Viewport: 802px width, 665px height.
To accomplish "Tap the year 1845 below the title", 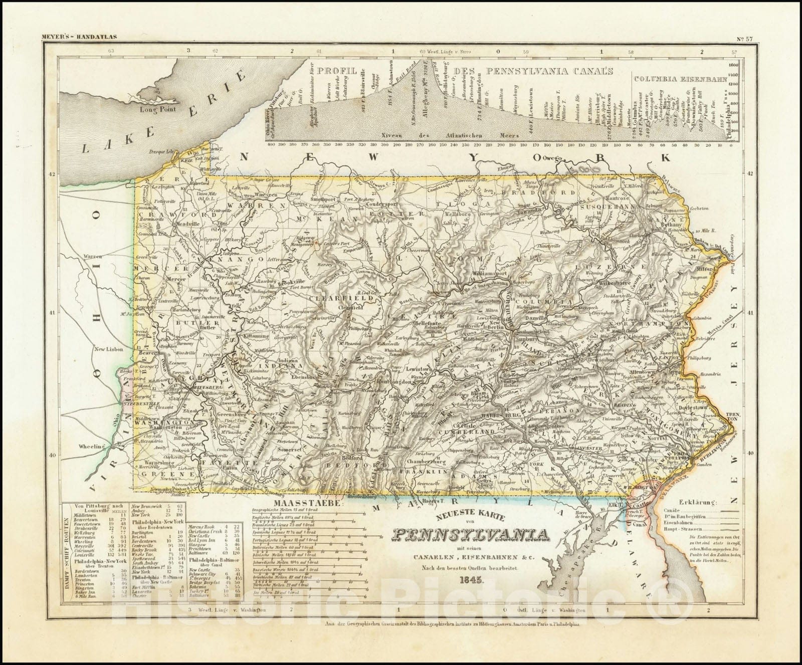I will coord(470,581).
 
